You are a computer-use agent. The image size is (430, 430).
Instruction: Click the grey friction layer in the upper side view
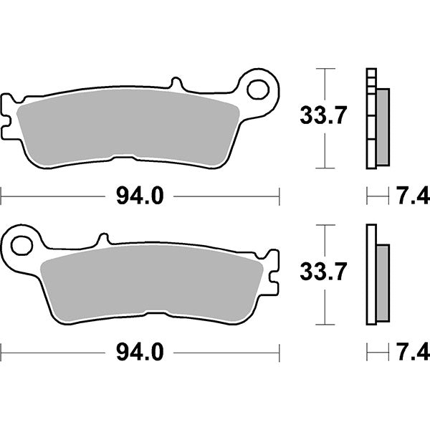pos(382,125)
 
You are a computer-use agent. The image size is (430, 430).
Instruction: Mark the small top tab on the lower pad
pos(103,237)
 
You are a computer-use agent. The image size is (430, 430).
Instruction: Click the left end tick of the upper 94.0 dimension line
pos(1,194)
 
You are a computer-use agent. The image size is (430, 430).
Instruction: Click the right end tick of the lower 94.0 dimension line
pos(278,351)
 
